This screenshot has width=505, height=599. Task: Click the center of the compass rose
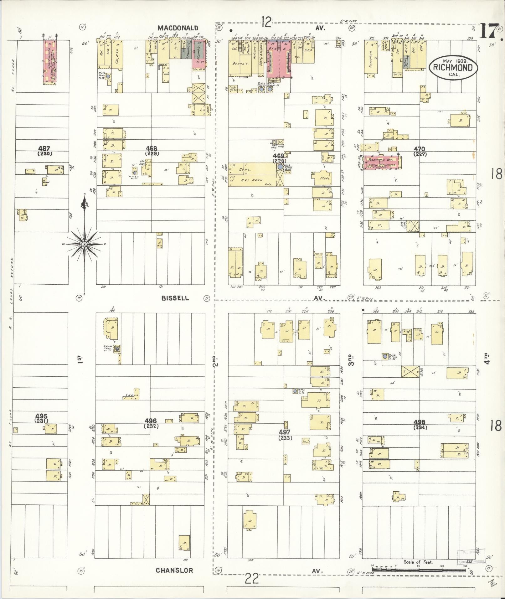(x=85, y=244)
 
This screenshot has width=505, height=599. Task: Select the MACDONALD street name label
(x=178, y=28)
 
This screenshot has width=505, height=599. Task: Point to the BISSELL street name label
(x=175, y=298)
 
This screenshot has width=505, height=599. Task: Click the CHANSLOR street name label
(x=174, y=571)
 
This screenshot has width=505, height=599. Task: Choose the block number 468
(x=152, y=148)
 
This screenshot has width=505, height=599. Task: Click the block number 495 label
(x=41, y=416)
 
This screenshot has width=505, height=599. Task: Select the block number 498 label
(x=419, y=422)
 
